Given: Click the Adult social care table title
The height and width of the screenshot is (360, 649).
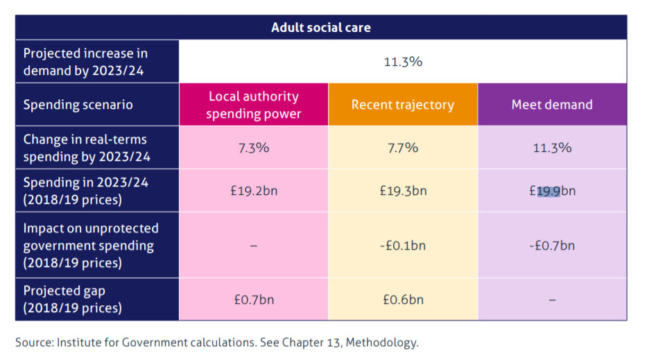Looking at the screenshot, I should pyautogui.click(x=321, y=28).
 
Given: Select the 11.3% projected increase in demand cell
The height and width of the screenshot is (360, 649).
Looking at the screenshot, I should pyautogui.click(x=403, y=62).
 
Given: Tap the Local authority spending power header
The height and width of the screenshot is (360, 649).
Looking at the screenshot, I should pyautogui.click(x=254, y=105).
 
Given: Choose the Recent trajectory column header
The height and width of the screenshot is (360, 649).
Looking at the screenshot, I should pyautogui.click(x=403, y=105).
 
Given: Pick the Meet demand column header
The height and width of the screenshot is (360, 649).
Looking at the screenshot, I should pyautogui.click(x=552, y=105).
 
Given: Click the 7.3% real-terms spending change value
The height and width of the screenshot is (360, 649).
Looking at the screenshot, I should pyautogui.click(x=254, y=147).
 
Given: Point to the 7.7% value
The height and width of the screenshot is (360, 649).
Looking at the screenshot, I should pyautogui.click(x=403, y=147).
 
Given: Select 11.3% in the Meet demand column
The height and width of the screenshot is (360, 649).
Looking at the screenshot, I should pyautogui.click(x=552, y=147).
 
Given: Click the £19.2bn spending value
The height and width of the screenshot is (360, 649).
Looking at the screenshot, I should pyautogui.click(x=254, y=190).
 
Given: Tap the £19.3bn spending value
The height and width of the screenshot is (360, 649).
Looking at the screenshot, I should pyautogui.click(x=403, y=190).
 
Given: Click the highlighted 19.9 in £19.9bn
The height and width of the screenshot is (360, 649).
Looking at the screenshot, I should pyautogui.click(x=548, y=191).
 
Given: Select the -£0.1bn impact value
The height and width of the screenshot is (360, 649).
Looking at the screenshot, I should pyautogui.click(x=403, y=246).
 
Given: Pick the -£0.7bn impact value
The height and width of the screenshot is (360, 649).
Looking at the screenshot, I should pyautogui.click(x=552, y=246).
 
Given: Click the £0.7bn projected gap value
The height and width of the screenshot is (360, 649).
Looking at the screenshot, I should pyautogui.click(x=254, y=300).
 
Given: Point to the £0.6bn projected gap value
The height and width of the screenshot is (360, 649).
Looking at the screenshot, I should pyautogui.click(x=403, y=300).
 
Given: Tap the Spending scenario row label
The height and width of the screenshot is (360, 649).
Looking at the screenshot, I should pyautogui.click(x=78, y=105).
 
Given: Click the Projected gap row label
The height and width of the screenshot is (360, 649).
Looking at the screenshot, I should pyautogui.click(x=64, y=291).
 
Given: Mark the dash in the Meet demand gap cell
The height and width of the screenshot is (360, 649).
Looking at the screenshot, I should pyautogui.click(x=552, y=300).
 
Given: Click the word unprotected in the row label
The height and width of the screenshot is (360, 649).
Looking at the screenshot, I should pyautogui.click(x=126, y=228).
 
